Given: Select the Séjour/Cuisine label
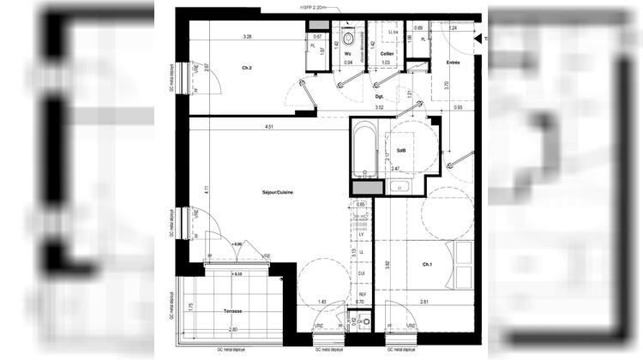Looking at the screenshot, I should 278,193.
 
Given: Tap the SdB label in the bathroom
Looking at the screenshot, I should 400,151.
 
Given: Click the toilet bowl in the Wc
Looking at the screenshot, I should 349,39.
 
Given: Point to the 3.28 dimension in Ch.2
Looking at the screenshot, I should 247,36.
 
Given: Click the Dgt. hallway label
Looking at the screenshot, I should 379,98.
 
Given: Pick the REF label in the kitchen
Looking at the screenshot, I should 361,293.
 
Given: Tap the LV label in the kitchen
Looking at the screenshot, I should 361,234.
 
